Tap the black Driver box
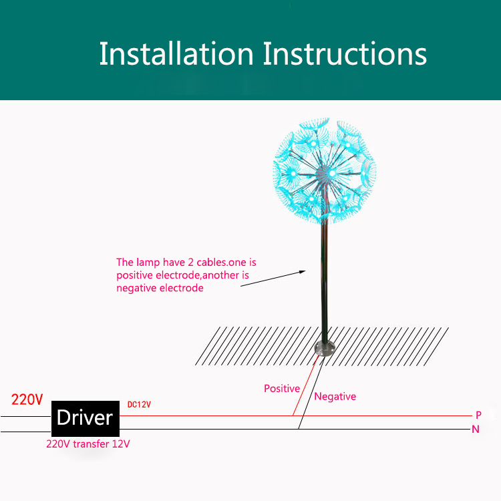pos(85,418)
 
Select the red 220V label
pos(27,400)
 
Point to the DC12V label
pos(139,405)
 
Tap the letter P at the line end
pos(478,415)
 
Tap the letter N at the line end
pos(476,430)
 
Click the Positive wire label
pos(281,388)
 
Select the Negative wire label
pos(335,396)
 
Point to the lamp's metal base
pos(322,349)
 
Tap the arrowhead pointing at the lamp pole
pos(303,271)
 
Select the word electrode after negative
pos(180,288)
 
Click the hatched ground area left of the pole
pos(261,346)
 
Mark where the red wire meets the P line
pos(293,415)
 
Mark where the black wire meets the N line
pos(299,429)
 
